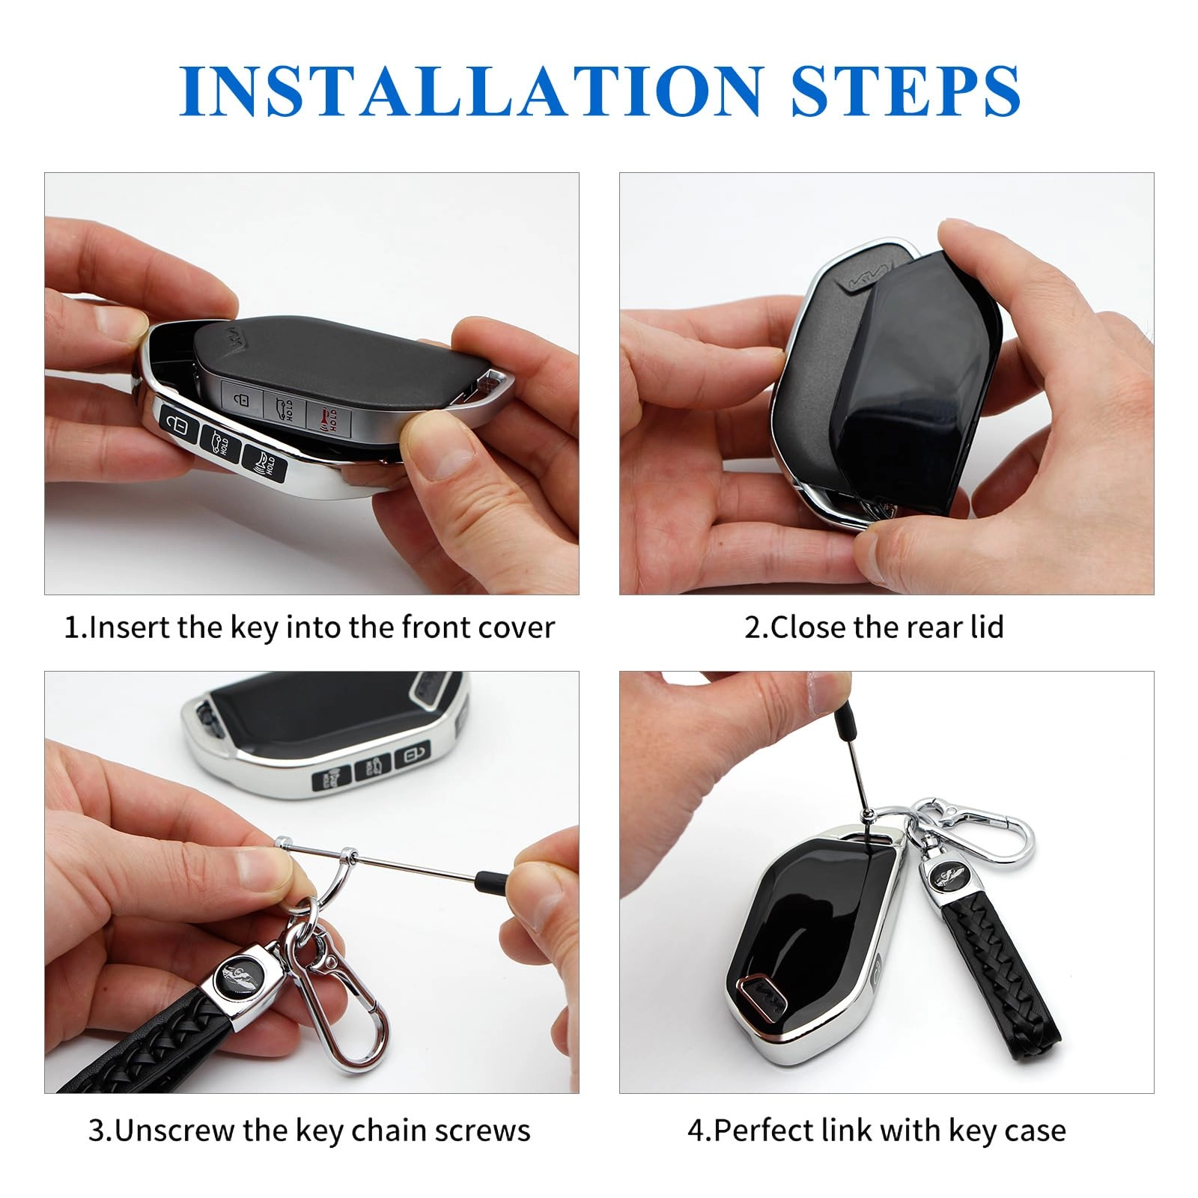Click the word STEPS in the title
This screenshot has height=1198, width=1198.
click(904, 90)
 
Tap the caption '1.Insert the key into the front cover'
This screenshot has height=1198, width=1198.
click(309, 627)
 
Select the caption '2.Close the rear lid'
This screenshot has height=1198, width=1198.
click(874, 627)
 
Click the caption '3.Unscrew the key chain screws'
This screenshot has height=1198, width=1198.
click(309, 1130)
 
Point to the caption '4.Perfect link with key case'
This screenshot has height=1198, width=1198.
click(876, 1130)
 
